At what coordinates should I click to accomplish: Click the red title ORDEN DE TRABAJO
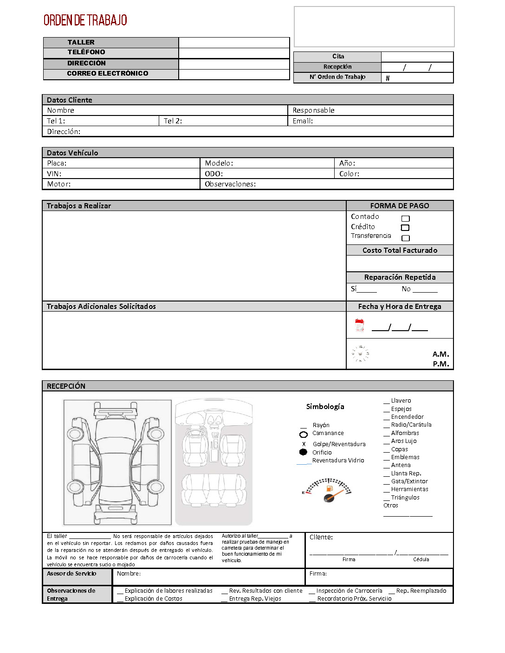coord(85,20)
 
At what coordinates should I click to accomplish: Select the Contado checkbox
coord(405,218)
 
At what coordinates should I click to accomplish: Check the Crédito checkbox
coord(405,228)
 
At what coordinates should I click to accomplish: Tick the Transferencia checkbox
coord(405,238)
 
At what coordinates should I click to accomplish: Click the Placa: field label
coord(57,163)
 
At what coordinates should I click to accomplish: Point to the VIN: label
coord(54,174)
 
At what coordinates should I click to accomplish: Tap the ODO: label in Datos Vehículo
coord(214,174)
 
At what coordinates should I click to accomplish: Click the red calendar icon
coord(359,325)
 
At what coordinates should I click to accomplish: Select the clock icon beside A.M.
coord(360,354)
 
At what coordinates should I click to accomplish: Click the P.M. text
coord(440,364)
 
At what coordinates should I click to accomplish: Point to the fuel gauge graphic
coord(328,490)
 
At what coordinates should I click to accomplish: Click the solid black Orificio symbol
coord(303,452)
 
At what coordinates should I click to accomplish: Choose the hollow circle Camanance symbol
coord(304,435)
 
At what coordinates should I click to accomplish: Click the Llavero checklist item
coord(401,401)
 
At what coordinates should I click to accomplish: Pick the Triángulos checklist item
coord(405,498)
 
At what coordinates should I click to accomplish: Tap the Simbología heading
coord(325,407)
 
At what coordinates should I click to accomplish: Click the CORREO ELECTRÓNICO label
coord(107,74)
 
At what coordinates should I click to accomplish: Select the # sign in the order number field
coord(388,78)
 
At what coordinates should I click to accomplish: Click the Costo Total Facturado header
coord(400,250)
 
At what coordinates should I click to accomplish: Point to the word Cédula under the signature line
coord(421,560)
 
